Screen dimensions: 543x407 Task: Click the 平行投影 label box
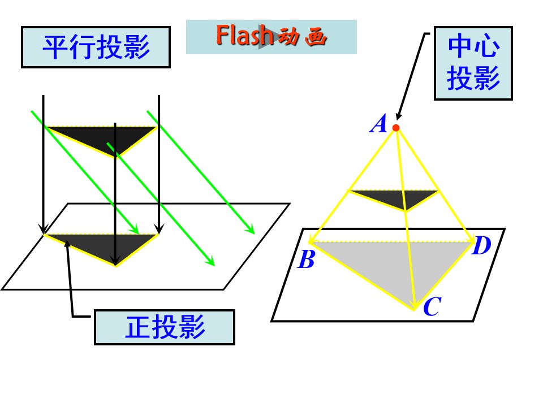tap(96, 47)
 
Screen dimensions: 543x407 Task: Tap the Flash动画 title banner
tap(271, 37)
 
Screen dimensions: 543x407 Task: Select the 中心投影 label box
tap(473, 63)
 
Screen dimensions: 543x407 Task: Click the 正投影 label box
tap(165, 327)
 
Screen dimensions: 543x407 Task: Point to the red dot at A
tap(396, 128)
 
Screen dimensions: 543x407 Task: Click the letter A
tap(378, 124)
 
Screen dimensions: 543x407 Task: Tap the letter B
tap(306, 259)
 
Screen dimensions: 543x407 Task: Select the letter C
tap(432, 306)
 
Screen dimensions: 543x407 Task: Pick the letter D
tap(482, 245)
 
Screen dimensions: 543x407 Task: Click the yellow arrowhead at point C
tap(413, 305)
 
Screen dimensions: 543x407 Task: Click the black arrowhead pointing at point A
tap(399, 116)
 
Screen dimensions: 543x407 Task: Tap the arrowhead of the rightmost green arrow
tap(251, 229)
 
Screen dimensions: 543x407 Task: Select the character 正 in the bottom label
tap(138, 327)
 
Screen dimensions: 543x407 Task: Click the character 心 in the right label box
tap(487, 46)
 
